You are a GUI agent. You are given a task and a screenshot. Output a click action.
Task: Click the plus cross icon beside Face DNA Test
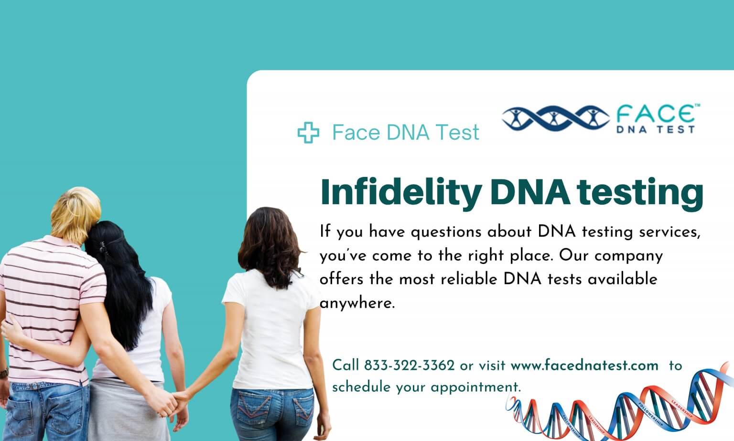point(308,132)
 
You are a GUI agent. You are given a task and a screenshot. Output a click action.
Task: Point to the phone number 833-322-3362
point(409,366)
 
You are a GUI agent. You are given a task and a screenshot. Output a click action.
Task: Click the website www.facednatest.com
point(584,366)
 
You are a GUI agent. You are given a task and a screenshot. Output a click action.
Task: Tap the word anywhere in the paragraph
point(356,303)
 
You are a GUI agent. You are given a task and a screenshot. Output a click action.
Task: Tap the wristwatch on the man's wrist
point(3,373)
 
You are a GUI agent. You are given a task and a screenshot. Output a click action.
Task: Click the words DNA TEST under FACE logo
point(655,129)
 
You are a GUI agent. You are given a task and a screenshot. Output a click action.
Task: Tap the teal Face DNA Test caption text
point(405,132)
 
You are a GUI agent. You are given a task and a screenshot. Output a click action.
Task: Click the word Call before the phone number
point(345,366)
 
